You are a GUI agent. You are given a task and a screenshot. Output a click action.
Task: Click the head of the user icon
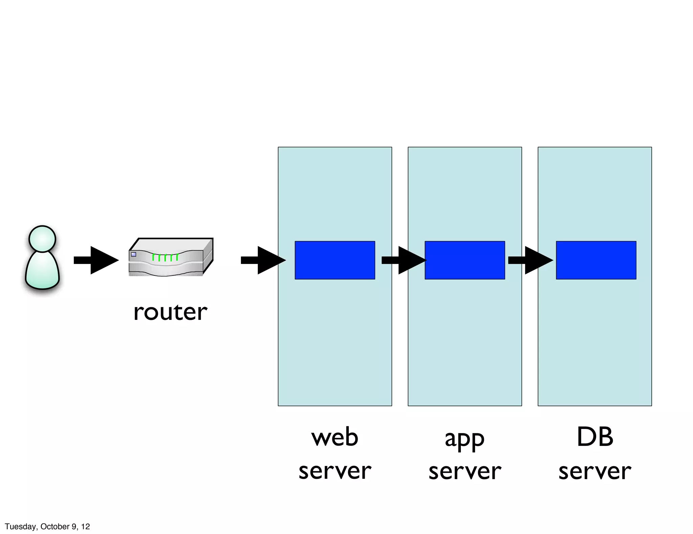coord(42,239)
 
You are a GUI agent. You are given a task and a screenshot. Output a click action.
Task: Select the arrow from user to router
coord(96,260)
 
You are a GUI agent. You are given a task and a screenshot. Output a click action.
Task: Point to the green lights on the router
coord(165,258)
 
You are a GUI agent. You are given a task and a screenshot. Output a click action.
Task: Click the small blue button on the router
coord(134,254)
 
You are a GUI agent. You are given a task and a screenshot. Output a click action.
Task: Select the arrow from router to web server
coord(263,260)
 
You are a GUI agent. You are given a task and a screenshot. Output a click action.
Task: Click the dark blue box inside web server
coord(335,260)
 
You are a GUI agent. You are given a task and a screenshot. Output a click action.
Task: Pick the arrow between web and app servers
coord(404,260)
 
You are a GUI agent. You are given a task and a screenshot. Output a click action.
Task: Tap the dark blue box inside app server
coord(465,260)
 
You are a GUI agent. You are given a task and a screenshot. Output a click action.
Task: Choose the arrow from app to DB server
coord(530,260)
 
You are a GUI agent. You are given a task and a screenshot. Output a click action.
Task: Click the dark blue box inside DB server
coord(596,260)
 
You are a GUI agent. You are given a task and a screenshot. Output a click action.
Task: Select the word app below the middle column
coord(465,439)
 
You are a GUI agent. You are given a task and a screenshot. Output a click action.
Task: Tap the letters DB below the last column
coord(595,437)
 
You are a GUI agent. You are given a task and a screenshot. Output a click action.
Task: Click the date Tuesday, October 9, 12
coord(47,527)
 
